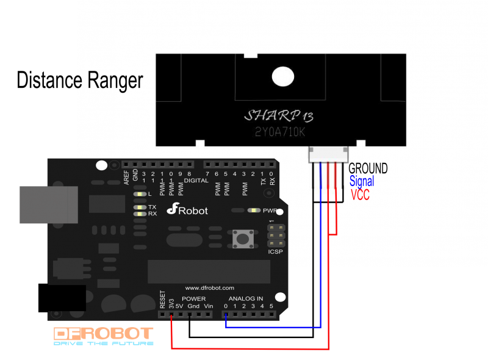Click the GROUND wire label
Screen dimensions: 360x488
pos(368,168)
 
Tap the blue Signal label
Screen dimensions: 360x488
pos(362,181)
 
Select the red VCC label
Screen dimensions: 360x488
pos(360,195)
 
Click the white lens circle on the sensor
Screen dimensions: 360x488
pos(282,76)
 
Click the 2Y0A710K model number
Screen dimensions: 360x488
pos(280,132)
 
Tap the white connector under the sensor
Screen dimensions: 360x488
pos(329,154)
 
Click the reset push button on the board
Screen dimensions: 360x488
pos(243,238)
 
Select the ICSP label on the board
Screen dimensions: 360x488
pos(276,251)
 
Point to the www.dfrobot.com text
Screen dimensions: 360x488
pos(209,287)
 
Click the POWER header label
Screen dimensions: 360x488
pos(193,299)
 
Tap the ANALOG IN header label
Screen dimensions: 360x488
pos(246,299)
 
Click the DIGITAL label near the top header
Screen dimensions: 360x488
pos(196,181)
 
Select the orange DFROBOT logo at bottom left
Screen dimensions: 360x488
pos(104,334)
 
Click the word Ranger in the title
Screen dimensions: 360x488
pos(115,81)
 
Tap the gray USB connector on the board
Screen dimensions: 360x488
pos(49,204)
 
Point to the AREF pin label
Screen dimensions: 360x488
pos(126,177)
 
